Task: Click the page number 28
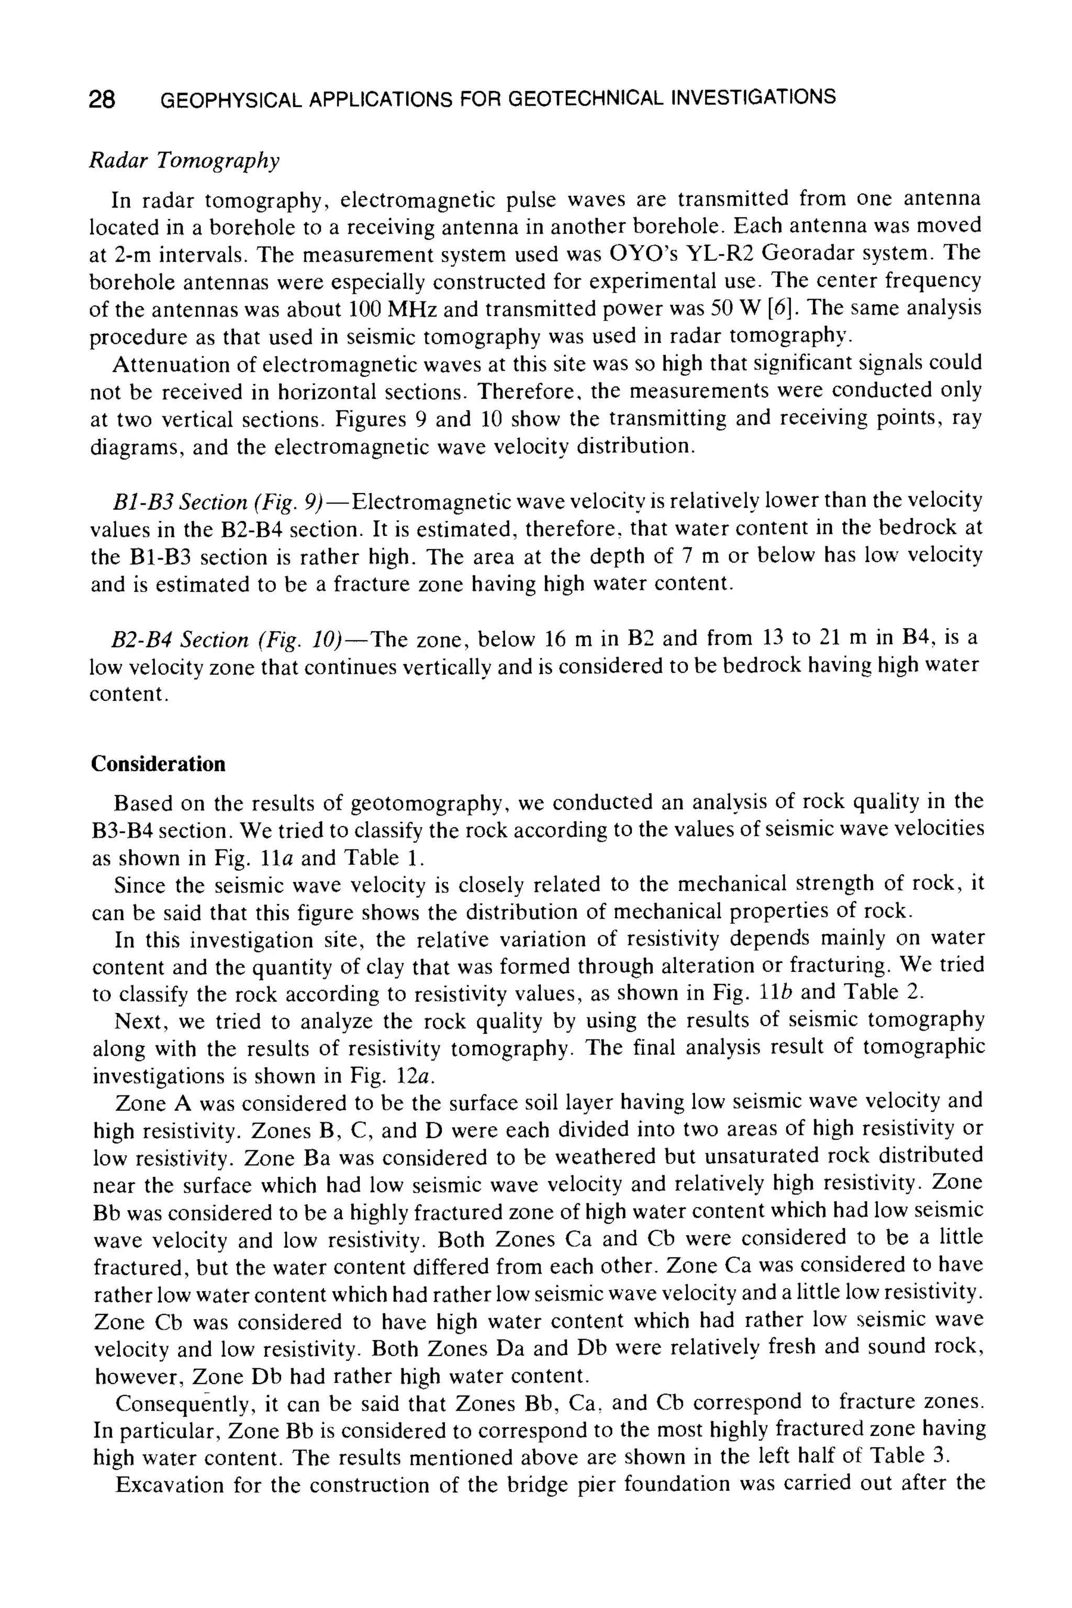click(102, 100)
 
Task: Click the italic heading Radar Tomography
click(185, 161)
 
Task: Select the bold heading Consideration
click(158, 764)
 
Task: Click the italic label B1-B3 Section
click(180, 502)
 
